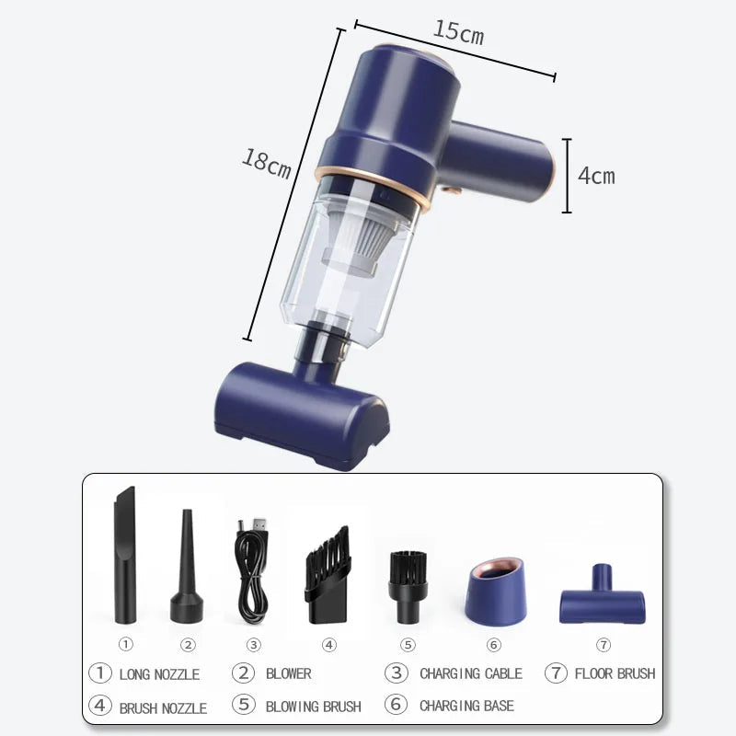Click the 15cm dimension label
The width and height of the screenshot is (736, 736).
[458, 33]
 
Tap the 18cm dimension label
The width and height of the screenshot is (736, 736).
[267, 163]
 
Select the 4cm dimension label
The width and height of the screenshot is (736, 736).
[596, 175]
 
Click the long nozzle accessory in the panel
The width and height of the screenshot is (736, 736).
[124, 556]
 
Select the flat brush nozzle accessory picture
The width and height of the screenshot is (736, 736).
[328, 575]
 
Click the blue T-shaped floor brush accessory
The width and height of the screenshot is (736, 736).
[603, 597]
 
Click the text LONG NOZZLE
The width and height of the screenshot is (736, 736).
[159, 674]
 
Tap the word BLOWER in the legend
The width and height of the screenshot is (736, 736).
[289, 673]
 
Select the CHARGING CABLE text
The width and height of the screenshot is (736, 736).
[471, 673]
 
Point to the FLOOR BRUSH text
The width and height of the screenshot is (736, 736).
[615, 673]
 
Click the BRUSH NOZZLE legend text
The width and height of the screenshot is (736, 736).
[163, 707]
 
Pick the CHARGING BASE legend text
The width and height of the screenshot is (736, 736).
[466, 707]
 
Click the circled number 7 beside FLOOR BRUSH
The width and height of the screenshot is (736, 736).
[555, 673]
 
